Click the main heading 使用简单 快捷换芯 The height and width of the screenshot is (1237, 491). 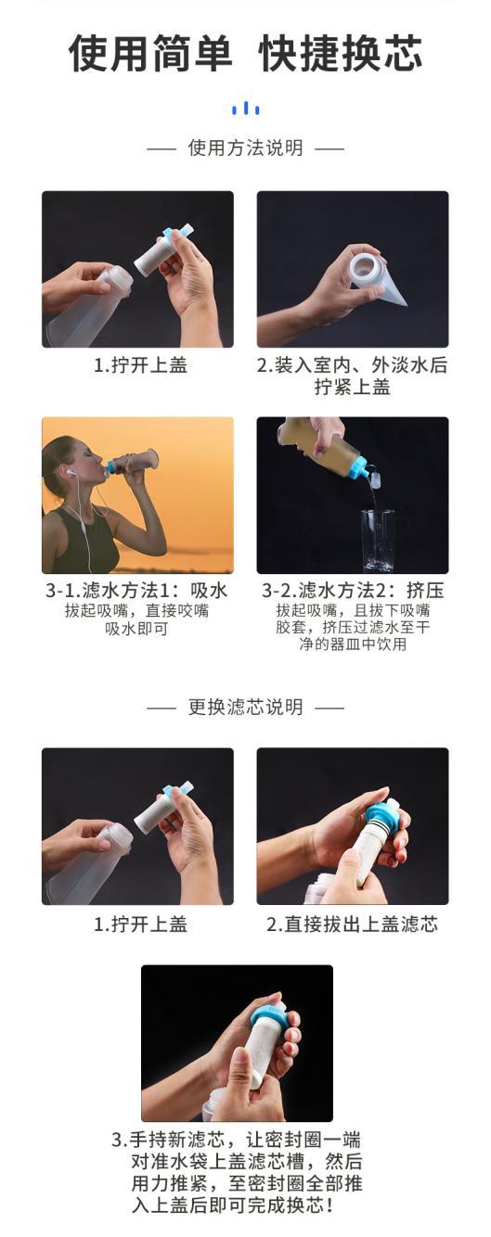(x=245, y=54)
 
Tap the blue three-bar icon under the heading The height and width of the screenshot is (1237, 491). (x=245, y=108)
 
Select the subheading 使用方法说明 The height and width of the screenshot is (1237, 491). (x=245, y=148)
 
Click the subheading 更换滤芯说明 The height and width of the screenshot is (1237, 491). (x=245, y=707)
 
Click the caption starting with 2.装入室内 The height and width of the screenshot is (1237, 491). (x=352, y=376)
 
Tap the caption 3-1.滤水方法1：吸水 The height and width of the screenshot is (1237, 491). (x=136, y=591)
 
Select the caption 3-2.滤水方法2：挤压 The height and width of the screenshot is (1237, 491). (x=353, y=591)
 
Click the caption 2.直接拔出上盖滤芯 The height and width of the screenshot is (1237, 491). (x=352, y=925)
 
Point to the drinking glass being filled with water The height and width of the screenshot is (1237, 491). (x=378, y=539)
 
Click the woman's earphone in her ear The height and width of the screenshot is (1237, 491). (x=71, y=472)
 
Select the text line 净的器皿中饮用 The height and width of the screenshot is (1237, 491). (x=353, y=644)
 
